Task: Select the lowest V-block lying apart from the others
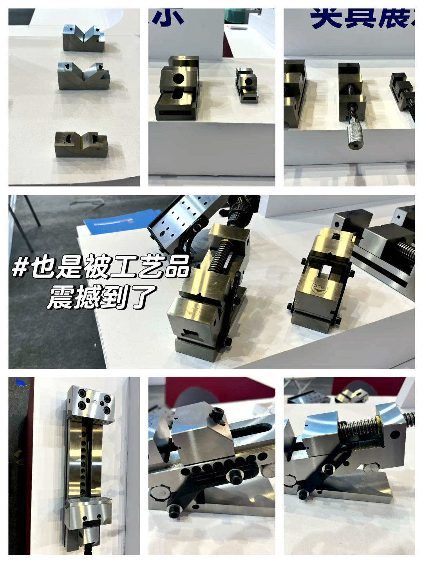tap(81, 144)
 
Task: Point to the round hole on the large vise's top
tap(177, 78)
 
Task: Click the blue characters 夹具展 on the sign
tap(360, 19)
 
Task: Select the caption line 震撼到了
tap(101, 297)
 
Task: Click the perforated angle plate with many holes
tap(178, 219)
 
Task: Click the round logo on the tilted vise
tap(193, 310)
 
